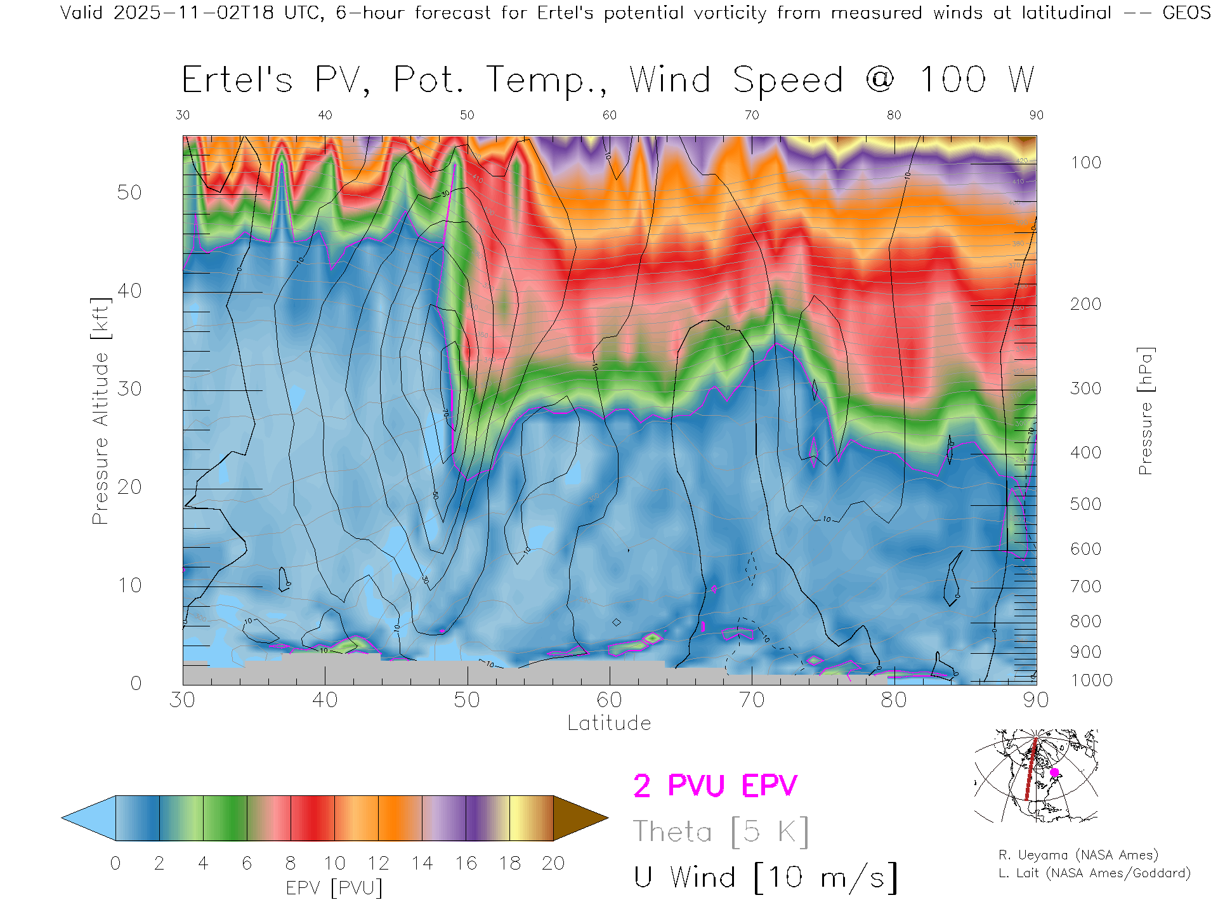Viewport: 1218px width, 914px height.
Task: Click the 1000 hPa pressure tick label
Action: pos(1091,680)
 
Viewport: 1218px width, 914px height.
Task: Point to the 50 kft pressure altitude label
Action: pos(129,192)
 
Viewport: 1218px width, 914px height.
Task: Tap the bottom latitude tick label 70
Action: pos(751,700)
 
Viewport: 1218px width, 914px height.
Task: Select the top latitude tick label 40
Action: pos(325,115)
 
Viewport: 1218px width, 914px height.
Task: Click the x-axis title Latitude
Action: pos(609,724)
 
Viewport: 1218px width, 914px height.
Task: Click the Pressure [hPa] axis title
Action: pos(1145,411)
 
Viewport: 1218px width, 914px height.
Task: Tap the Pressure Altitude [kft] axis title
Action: pos(100,411)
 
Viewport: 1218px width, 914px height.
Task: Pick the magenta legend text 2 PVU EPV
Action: pos(715,786)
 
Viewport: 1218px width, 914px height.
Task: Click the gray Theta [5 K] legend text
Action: pos(721,831)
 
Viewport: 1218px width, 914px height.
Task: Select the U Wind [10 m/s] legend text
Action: pos(765,878)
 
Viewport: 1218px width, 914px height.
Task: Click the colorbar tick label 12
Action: pos(378,863)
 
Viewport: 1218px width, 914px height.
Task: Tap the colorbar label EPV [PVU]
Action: pos(334,888)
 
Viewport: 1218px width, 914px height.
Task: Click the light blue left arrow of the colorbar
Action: pos(89,818)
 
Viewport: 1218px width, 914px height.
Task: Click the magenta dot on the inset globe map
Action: pos(1054,772)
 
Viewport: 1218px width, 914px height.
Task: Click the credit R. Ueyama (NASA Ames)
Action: pos(1078,855)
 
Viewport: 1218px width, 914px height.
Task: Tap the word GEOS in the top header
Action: pos(1186,13)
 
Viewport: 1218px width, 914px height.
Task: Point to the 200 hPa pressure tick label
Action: pos(1085,304)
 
